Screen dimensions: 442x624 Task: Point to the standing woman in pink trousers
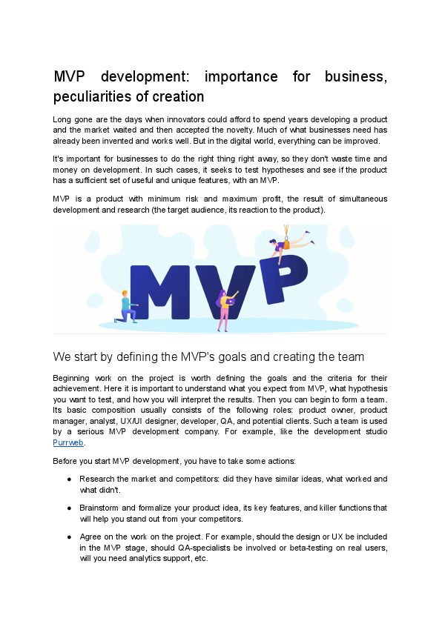tap(225, 310)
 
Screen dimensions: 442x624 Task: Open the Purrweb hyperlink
tap(68, 442)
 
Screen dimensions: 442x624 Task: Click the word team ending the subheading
tap(349, 356)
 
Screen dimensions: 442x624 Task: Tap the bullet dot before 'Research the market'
tap(69, 479)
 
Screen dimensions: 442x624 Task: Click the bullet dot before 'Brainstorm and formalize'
tap(69, 508)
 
